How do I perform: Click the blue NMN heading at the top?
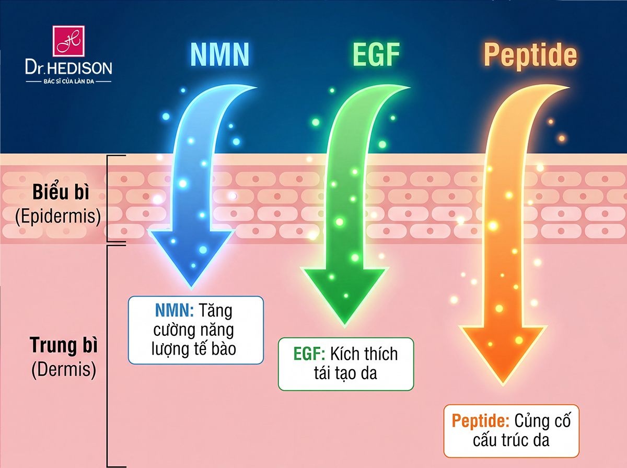coord(219,55)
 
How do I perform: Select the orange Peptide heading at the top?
coord(530,55)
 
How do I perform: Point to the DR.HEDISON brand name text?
coord(68,68)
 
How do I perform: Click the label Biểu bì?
coord(61,193)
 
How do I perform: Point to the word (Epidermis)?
coord(57,216)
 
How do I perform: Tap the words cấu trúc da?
coord(511,440)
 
